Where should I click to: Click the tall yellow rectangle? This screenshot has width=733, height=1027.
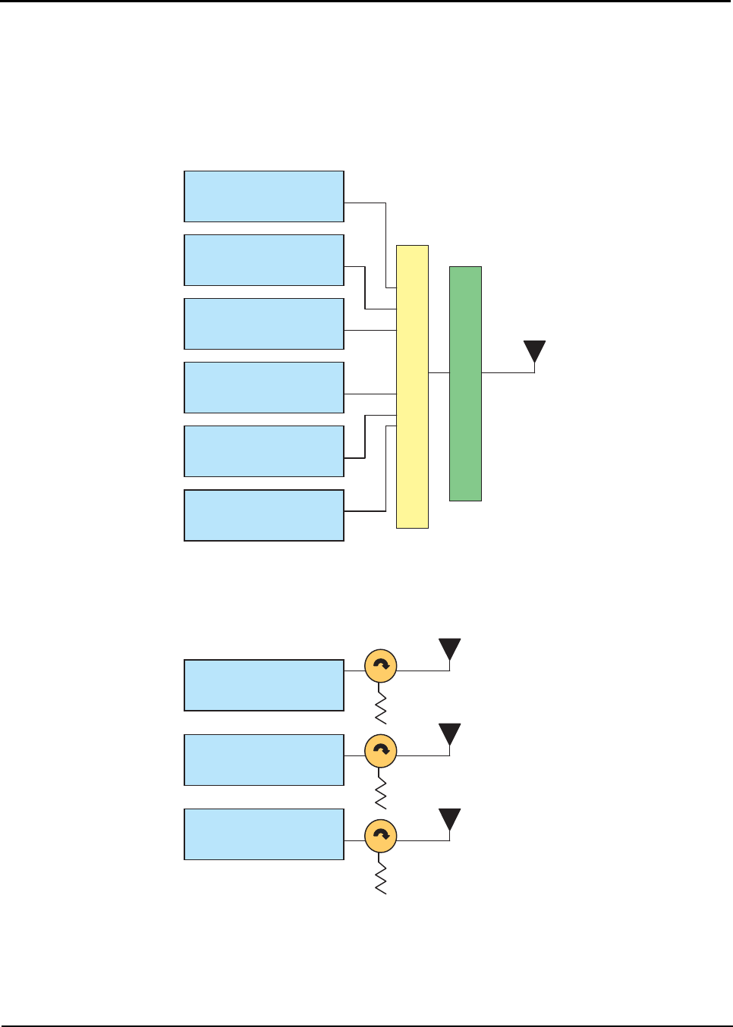412,386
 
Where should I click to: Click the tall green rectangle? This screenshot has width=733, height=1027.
465,383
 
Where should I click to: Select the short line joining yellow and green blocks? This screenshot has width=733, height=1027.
439,372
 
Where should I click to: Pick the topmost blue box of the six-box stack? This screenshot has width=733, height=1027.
264,196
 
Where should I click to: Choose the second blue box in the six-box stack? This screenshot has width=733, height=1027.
264,260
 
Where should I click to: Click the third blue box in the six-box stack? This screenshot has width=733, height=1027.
264,324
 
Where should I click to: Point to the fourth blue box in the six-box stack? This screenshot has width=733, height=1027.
264,388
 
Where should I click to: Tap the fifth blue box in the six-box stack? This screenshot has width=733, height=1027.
264,451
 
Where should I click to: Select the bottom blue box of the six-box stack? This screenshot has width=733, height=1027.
264,515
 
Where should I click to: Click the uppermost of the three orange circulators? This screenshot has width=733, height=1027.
381,665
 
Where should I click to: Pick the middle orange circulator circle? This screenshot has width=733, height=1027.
381,750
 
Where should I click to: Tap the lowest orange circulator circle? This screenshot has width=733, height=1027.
381,835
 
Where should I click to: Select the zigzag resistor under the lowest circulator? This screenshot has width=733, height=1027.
381,877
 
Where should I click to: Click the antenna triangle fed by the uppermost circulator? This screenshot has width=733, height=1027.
450,649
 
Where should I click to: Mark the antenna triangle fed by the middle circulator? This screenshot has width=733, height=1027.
450,734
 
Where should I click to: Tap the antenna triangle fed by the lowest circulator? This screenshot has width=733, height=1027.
450,819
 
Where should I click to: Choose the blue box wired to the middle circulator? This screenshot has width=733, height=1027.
264,759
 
